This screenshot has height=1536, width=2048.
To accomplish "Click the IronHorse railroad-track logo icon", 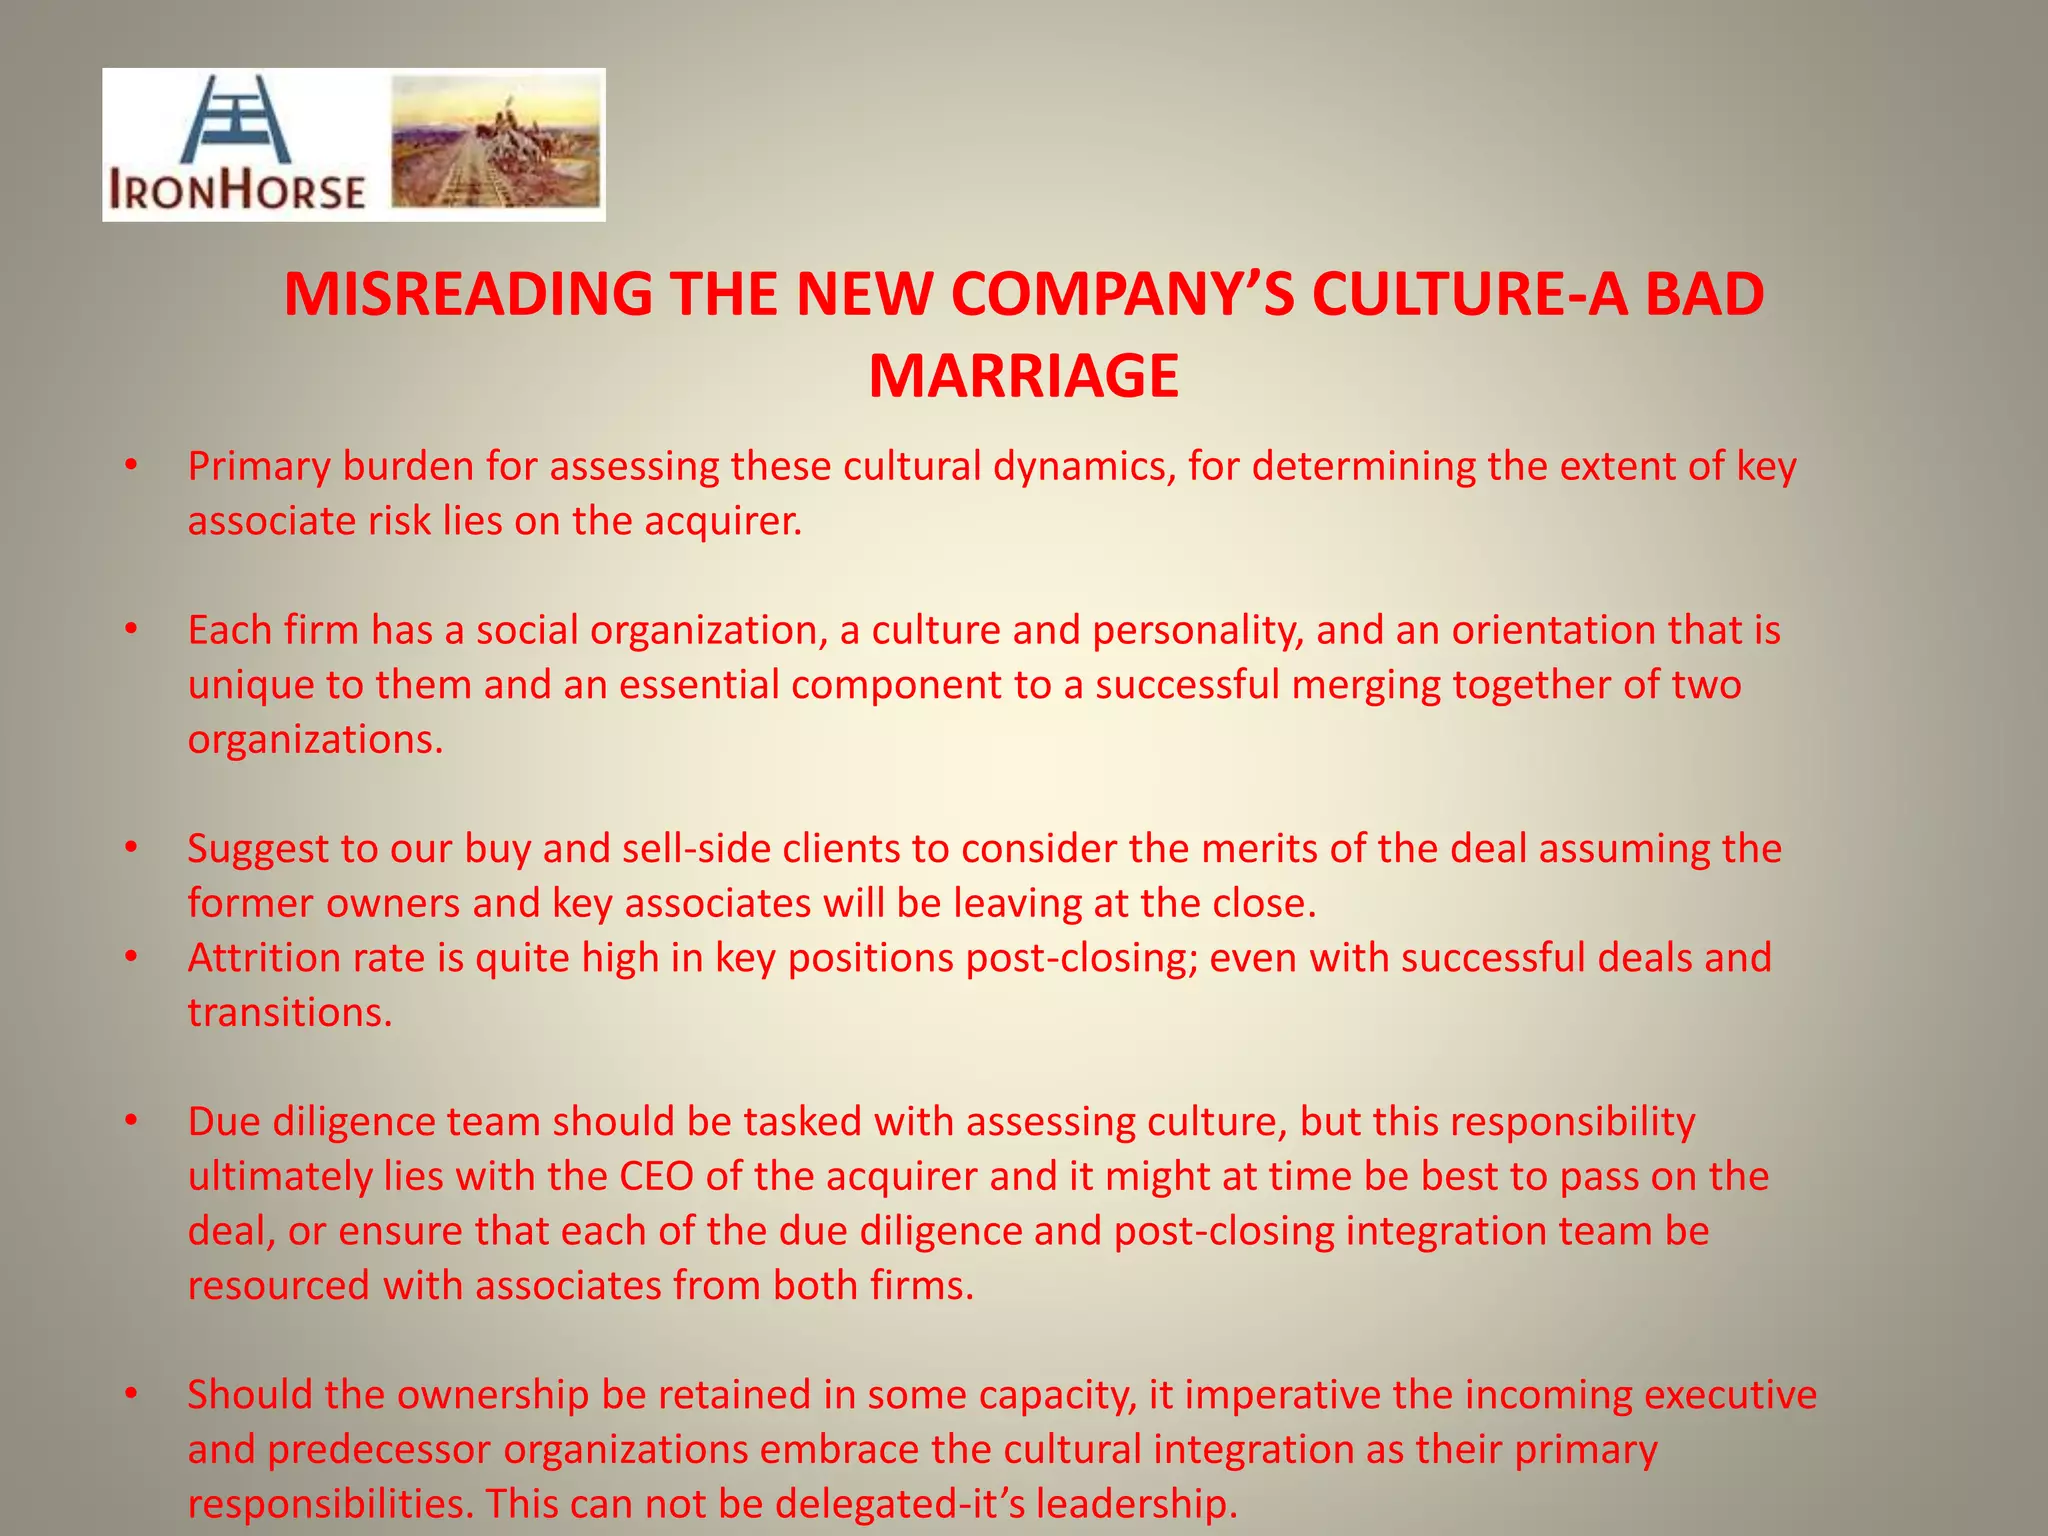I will point(236,119).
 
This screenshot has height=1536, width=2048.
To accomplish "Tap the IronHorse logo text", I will point(237,190).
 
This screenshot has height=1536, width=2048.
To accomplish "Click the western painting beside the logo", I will point(496,143).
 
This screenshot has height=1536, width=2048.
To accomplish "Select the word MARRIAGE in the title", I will point(1023,377).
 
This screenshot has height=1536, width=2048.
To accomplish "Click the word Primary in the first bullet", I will point(259,467).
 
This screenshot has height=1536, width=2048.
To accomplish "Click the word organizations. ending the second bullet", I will point(315,739).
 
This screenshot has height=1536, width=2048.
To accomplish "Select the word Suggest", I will point(257,849).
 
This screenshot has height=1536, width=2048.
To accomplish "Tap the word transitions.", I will point(290,1013).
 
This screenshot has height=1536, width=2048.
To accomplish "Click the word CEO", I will point(656,1176).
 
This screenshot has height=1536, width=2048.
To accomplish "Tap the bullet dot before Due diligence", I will point(130,1122).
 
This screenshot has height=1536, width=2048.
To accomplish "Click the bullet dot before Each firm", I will point(130,630).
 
